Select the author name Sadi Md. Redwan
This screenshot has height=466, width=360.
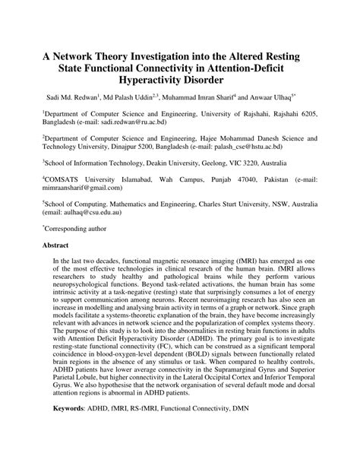click(68, 97)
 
